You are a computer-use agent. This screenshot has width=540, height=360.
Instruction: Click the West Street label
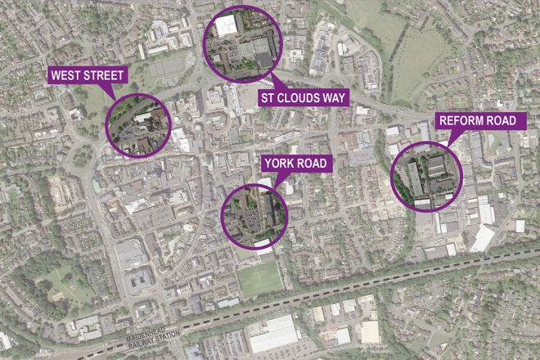(87, 76)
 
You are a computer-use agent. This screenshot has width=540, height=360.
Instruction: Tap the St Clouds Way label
(304, 98)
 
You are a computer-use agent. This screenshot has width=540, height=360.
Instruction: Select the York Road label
(295, 164)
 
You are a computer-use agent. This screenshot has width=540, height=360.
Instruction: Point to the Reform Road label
(478, 121)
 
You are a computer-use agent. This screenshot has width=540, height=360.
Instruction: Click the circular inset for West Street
(138, 125)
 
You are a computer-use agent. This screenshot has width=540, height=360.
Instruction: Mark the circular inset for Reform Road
(426, 174)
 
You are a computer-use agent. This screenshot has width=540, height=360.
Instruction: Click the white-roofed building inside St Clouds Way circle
(227, 25)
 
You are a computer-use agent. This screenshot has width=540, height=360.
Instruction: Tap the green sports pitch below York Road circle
(259, 278)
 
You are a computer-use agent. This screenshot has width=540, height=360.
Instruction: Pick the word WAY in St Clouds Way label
(335, 98)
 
